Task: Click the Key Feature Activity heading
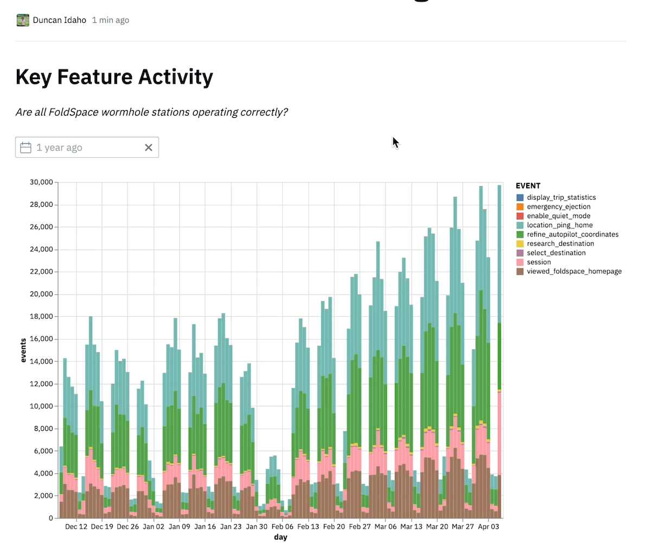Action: (114, 77)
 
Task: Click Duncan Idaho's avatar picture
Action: (23, 20)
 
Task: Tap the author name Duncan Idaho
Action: (59, 20)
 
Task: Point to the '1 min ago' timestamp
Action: (110, 20)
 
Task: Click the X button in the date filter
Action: (149, 148)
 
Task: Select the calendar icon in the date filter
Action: (25, 148)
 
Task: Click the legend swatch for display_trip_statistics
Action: (520, 198)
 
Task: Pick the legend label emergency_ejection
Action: (558, 207)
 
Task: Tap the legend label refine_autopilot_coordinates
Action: (572, 234)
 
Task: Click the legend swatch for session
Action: (520, 262)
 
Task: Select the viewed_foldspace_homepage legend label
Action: (574, 271)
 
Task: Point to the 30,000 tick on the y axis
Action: (41, 182)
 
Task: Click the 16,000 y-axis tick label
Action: (41, 339)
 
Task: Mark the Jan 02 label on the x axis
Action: (154, 527)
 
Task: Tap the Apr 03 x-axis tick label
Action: (488, 527)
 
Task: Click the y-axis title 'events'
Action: (23, 350)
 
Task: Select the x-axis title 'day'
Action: (280, 537)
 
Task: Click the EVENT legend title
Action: (528, 186)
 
